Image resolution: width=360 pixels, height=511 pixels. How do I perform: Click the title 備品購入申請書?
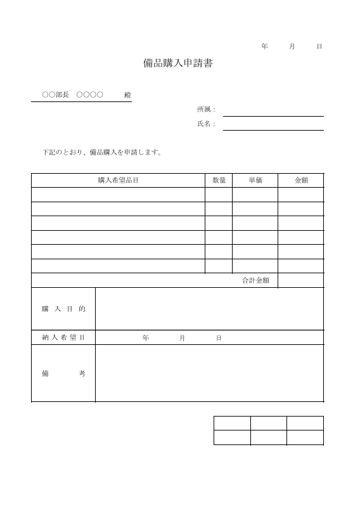[177, 64]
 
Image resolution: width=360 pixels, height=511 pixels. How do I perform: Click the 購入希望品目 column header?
[118, 181]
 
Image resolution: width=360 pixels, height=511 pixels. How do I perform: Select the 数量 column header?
[219, 181]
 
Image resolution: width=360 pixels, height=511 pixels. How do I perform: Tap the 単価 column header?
[255, 181]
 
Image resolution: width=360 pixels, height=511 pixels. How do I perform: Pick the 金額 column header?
[300, 181]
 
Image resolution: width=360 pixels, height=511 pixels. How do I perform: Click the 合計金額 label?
[255, 280]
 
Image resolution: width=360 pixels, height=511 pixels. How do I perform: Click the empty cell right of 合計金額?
[300, 280]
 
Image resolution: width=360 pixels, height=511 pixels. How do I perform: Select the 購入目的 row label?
[63, 309]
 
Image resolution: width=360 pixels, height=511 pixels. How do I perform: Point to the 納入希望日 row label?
[63, 338]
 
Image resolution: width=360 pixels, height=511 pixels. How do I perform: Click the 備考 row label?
[63, 373]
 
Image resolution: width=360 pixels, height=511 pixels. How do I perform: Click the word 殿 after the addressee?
[127, 95]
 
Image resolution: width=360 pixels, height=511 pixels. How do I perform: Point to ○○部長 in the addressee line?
[55, 95]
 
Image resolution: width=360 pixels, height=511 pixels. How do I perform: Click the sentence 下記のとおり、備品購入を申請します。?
[102, 152]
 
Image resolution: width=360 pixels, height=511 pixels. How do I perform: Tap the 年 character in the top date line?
[264, 47]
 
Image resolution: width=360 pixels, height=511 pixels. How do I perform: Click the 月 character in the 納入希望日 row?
[182, 338]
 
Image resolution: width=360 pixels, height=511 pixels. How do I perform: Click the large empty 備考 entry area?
[209, 373]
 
